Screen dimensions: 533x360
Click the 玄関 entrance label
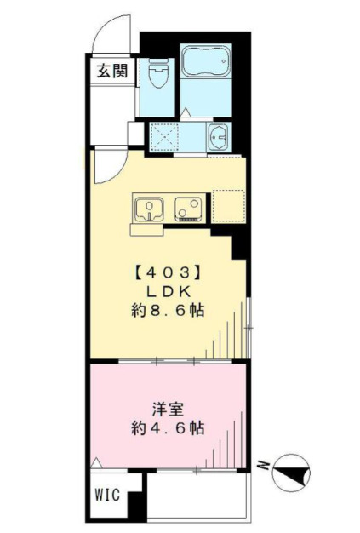pyautogui.click(x=111, y=71)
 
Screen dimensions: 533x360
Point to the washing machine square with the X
pyautogui.click(x=163, y=136)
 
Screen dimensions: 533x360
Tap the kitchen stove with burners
pyautogui.click(x=188, y=208)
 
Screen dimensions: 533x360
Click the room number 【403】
pyautogui.click(x=167, y=274)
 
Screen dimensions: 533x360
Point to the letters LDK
pyautogui.click(x=167, y=292)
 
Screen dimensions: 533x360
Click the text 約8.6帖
pyautogui.click(x=167, y=310)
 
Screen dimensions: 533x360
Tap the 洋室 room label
pyautogui.click(x=167, y=404)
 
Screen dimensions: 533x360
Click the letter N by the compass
pyautogui.click(x=265, y=467)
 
